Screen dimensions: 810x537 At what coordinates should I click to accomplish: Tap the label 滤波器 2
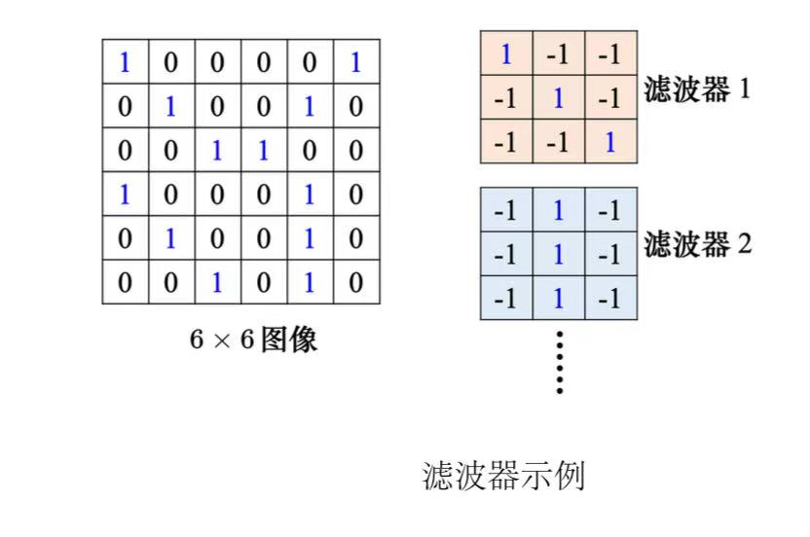click(x=697, y=243)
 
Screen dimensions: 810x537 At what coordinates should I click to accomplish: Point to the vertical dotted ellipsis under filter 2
click(x=559, y=362)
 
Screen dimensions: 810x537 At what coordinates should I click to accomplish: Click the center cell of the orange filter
click(x=559, y=97)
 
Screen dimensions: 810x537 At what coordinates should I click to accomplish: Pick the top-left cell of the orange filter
click(x=506, y=54)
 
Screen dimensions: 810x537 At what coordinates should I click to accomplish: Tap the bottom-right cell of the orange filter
click(x=610, y=142)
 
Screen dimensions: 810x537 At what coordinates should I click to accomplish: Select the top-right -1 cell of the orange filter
click(x=610, y=54)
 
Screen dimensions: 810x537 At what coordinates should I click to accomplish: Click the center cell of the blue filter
click(x=559, y=255)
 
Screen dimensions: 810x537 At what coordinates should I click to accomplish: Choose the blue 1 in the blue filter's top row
click(x=559, y=210)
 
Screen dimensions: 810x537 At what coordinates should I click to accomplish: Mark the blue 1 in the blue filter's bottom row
click(x=559, y=299)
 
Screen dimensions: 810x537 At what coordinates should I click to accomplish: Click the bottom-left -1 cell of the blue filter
click(x=506, y=299)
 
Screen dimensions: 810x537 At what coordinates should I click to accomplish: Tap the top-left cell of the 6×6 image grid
click(x=125, y=63)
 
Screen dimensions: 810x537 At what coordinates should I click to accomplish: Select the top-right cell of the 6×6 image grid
click(x=356, y=63)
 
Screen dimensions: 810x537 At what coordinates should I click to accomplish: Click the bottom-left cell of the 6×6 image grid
click(x=125, y=282)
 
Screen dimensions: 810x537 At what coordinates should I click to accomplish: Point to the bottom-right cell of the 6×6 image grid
click(x=356, y=282)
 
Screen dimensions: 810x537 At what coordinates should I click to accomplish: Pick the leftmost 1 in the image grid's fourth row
click(x=125, y=195)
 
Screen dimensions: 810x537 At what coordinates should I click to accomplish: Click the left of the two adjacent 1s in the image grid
click(x=217, y=151)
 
